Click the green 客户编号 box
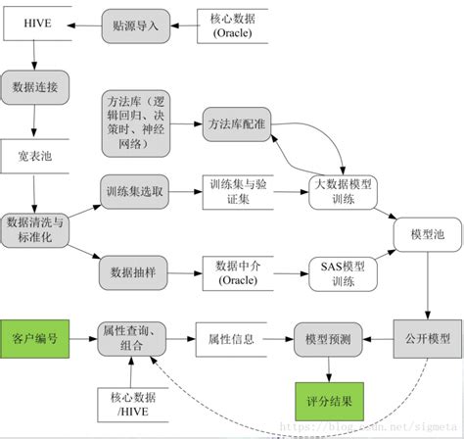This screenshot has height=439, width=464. pyautogui.click(x=35, y=338)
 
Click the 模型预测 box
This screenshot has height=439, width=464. pyautogui.click(x=328, y=338)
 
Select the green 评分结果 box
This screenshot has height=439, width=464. pyautogui.click(x=328, y=401)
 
